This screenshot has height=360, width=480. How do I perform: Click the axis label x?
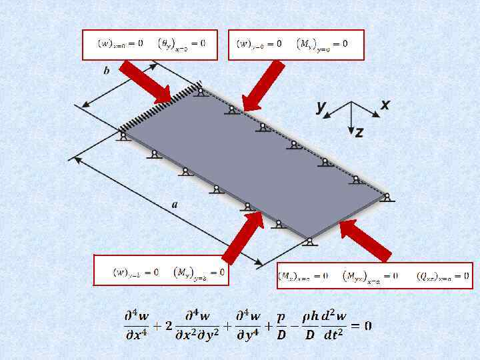[385, 105]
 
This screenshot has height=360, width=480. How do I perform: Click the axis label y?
[321, 106]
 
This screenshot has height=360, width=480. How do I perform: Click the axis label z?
[359, 133]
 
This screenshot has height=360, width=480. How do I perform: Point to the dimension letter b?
[107, 71]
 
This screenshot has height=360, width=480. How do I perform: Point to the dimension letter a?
[175, 205]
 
